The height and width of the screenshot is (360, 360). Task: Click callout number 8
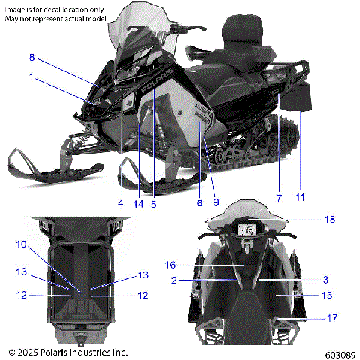click(x=32, y=58)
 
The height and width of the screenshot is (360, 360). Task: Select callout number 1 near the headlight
click(x=32, y=76)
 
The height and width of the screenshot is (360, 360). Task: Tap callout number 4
click(x=119, y=201)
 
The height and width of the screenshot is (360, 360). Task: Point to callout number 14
click(x=139, y=201)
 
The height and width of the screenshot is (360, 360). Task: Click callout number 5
click(x=154, y=201)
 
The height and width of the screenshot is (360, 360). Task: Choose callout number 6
click(x=199, y=201)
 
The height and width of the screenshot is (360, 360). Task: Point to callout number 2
click(x=173, y=280)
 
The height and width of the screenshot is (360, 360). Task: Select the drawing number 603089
click(x=336, y=353)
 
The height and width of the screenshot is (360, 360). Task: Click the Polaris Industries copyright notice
click(x=68, y=351)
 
